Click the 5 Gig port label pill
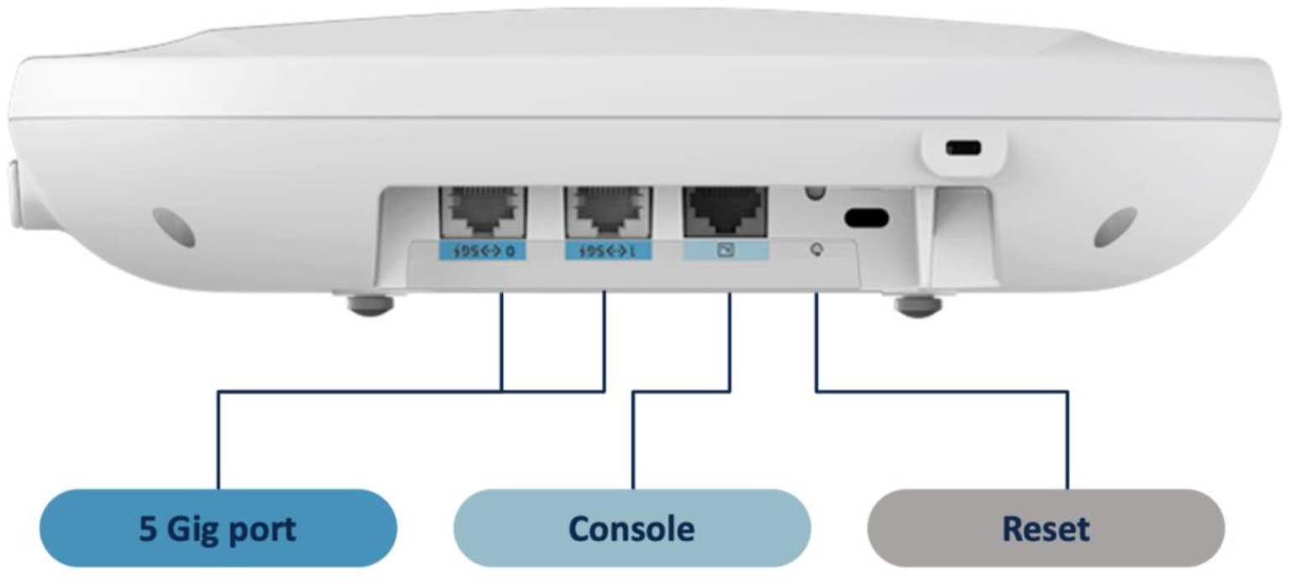pos(218,528)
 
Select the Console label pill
pos(632,528)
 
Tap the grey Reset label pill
pos(1046,528)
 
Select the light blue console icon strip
pos(726,251)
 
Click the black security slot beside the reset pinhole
pos(868,217)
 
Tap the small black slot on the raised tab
pos(962,148)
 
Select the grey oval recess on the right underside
pos(1116,226)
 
